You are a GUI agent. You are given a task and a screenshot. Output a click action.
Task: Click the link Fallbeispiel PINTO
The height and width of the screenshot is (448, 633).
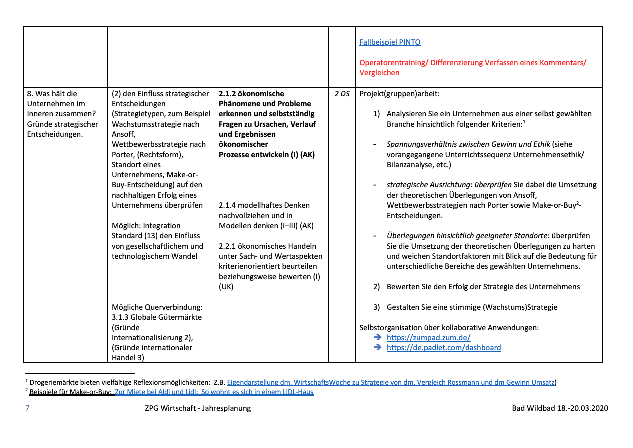pyautogui.click(x=390, y=42)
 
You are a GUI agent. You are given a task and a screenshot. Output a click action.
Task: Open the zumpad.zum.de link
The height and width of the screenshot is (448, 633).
pyautogui.click(x=428, y=338)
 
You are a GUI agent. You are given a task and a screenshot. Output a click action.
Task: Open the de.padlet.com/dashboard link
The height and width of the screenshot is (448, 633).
pyautogui.click(x=443, y=348)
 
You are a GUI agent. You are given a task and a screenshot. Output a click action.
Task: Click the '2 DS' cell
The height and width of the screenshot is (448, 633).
pyautogui.click(x=342, y=94)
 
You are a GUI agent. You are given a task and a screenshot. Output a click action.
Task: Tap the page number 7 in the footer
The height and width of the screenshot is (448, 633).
pyautogui.click(x=27, y=408)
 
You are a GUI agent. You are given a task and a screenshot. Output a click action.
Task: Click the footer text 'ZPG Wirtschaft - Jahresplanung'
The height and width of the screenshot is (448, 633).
pyautogui.click(x=197, y=408)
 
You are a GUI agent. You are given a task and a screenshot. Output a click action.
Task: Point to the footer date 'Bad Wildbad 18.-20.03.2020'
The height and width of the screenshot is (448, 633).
pyautogui.click(x=560, y=408)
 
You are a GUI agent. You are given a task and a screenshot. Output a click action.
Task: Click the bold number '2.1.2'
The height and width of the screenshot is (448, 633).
pyautogui.click(x=227, y=94)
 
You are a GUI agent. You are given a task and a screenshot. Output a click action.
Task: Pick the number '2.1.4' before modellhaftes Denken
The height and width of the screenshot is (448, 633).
pyautogui.click(x=227, y=205)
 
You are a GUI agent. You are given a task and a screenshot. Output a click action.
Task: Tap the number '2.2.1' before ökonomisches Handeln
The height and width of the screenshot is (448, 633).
pyautogui.click(x=227, y=246)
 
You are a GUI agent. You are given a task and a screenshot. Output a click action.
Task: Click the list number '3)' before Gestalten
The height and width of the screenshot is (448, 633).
pyautogui.click(x=377, y=307)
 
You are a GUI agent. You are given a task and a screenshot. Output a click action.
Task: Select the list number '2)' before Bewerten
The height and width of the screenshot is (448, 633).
pyautogui.click(x=377, y=287)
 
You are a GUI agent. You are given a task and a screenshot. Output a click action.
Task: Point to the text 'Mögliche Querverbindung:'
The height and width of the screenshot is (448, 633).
pyautogui.click(x=157, y=307)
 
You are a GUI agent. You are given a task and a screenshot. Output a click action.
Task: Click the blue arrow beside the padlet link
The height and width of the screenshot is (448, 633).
pyautogui.click(x=378, y=348)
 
